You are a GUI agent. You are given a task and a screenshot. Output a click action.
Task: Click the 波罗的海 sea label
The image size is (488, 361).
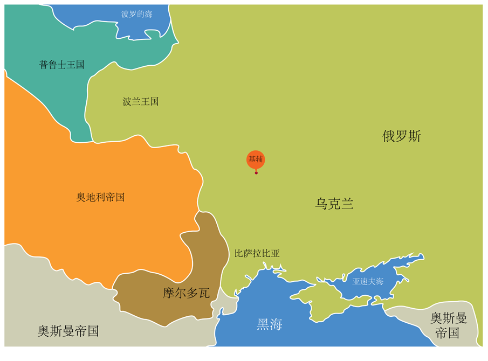[x=136, y=14]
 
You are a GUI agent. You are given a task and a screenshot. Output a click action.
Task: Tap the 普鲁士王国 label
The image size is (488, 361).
[x=62, y=65]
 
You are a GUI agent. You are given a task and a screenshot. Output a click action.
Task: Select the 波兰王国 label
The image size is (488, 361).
[x=141, y=101]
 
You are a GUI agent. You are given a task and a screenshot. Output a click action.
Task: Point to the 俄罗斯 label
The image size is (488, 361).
[x=402, y=136]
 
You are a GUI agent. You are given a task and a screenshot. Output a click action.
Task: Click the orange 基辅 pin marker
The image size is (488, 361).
[x=256, y=159]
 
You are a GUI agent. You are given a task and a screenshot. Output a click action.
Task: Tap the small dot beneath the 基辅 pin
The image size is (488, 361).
[x=256, y=172]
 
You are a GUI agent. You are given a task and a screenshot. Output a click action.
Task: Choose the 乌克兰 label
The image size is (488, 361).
[x=334, y=204]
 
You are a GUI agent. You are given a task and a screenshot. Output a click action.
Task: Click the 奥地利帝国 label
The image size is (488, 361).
[x=101, y=197]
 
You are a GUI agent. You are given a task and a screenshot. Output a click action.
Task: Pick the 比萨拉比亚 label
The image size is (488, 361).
[x=257, y=253]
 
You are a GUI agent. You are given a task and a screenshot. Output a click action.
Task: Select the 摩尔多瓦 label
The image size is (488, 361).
[x=186, y=293]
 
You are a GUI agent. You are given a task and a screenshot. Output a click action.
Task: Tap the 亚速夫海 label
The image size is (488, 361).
[x=368, y=281]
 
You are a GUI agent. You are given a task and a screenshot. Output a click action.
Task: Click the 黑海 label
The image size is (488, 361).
[x=269, y=324]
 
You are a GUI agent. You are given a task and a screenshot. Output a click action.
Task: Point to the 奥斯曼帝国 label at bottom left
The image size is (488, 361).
[x=68, y=331]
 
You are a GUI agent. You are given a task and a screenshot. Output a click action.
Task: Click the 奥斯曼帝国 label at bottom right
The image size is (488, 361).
[x=448, y=325]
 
